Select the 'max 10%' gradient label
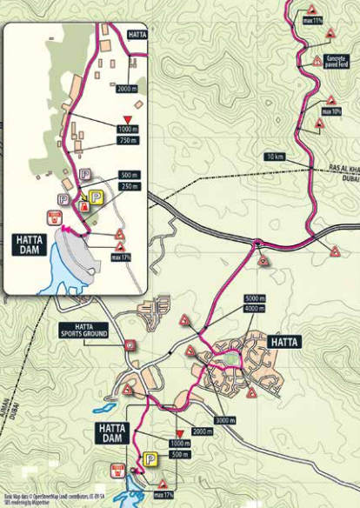[331, 111]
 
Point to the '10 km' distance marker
[276, 157]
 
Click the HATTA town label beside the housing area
[283, 342]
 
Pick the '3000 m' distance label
[225, 420]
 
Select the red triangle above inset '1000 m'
[128, 118]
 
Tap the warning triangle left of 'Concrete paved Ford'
[317, 62]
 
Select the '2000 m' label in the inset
[127, 89]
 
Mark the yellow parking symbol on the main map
[150, 458]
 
